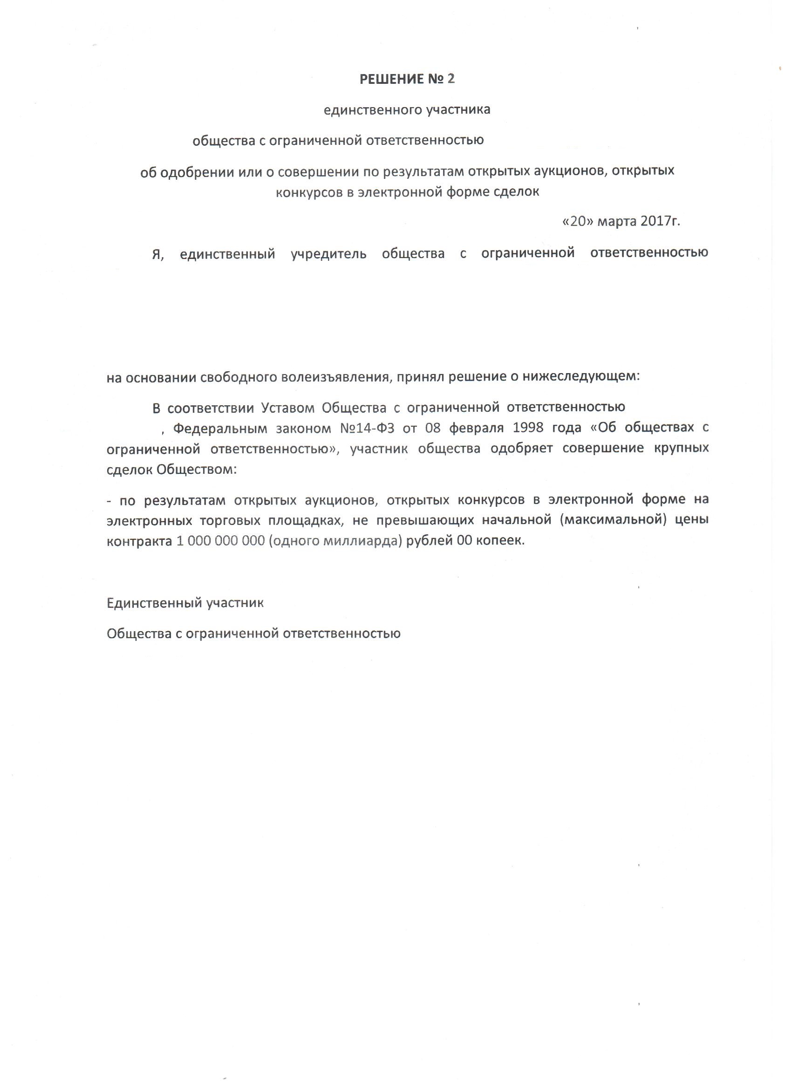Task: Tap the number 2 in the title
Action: click(x=451, y=79)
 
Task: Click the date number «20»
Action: click(x=578, y=222)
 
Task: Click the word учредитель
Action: click(x=329, y=254)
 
